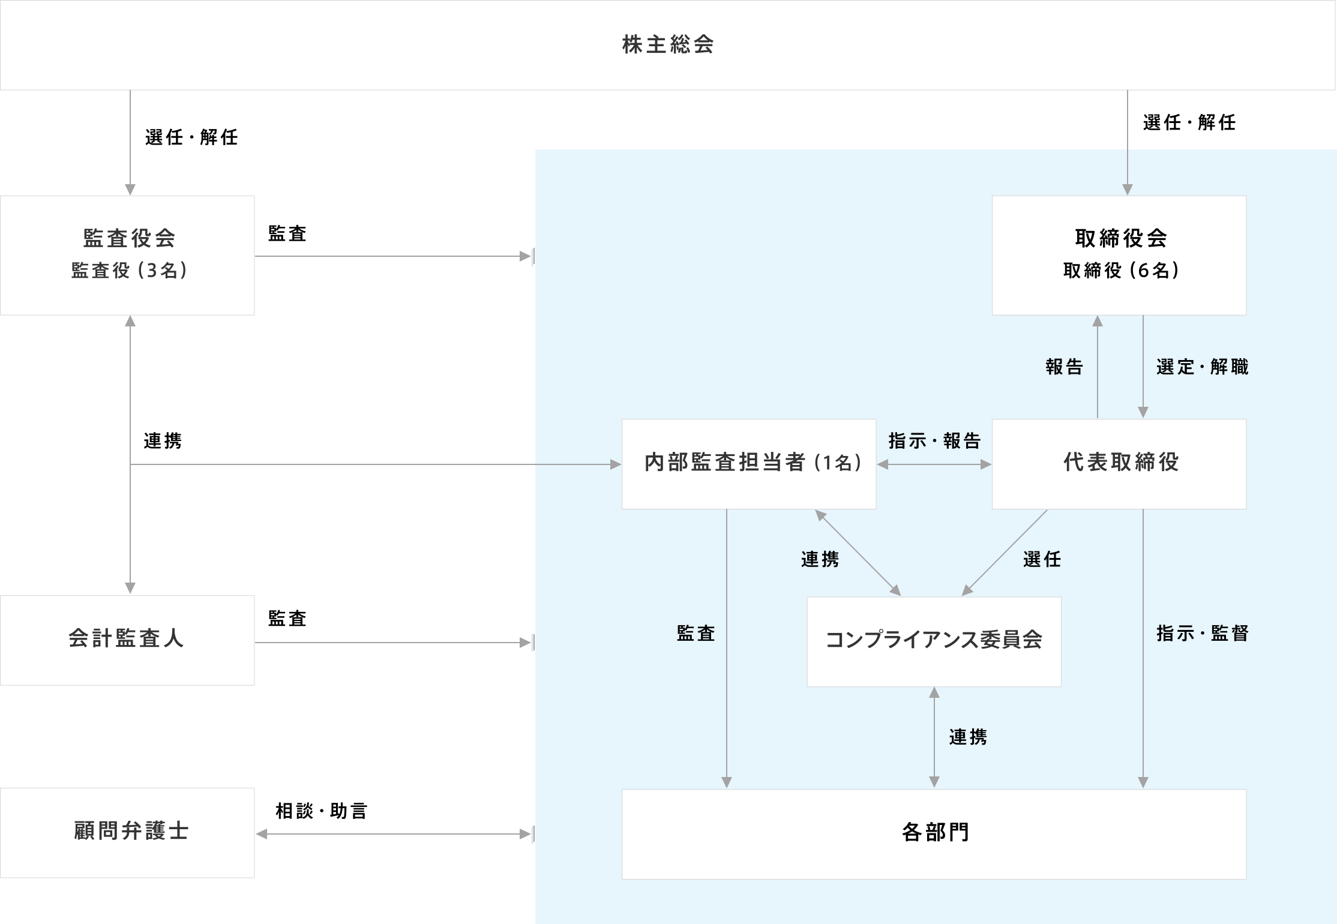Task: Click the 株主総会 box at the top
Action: (667, 45)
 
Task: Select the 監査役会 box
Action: (127, 256)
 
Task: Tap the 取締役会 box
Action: (1119, 256)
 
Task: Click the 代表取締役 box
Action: (1119, 464)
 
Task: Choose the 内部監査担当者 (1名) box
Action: (749, 464)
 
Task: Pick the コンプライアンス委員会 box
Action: (934, 641)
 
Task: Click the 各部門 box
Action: (934, 835)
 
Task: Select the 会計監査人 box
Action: (127, 640)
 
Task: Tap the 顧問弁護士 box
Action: (127, 833)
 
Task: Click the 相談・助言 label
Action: (321, 811)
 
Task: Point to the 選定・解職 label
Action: (1202, 367)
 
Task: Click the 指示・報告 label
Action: (934, 441)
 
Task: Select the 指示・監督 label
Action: (1202, 634)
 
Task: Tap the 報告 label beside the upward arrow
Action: (1064, 367)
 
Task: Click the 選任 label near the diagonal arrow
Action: (1042, 559)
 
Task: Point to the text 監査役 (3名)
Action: (129, 271)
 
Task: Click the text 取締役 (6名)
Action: (1121, 271)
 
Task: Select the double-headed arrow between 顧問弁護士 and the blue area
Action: (394, 834)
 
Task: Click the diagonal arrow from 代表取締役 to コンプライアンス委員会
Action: (1005, 553)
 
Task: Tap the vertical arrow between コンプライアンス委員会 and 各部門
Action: (934, 737)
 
